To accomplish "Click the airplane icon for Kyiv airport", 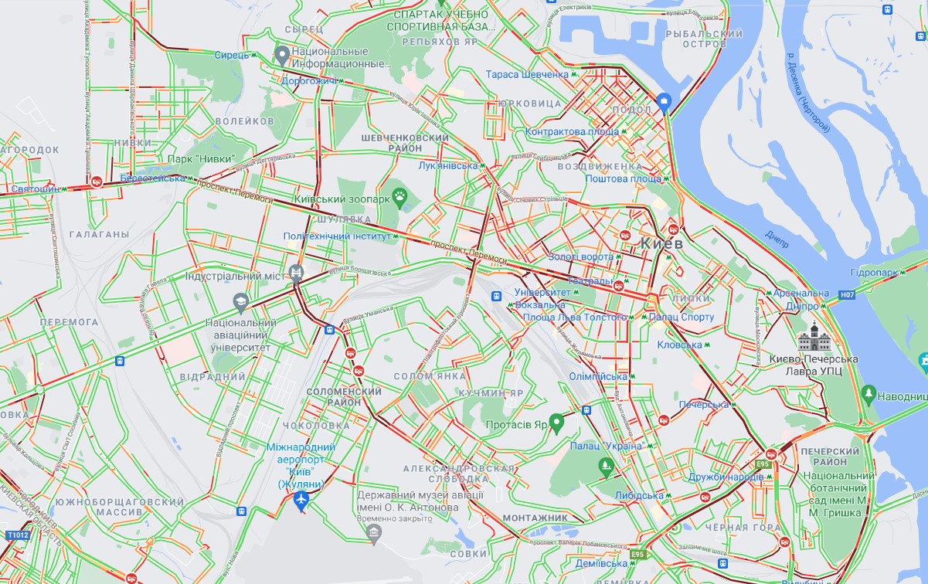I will pos(301,501).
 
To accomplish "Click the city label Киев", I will pos(661,243).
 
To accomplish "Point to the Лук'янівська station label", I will pos(447,166).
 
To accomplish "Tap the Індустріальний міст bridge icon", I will pos(296,273).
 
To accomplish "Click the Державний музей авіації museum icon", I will pos(375,534).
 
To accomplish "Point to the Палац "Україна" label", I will pos(606,446).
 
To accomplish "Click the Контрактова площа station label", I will pos(573,131).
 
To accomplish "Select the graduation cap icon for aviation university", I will pos(241,300).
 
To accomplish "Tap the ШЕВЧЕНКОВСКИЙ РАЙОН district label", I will pos(405,142).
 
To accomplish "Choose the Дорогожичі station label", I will pos(308,80).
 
